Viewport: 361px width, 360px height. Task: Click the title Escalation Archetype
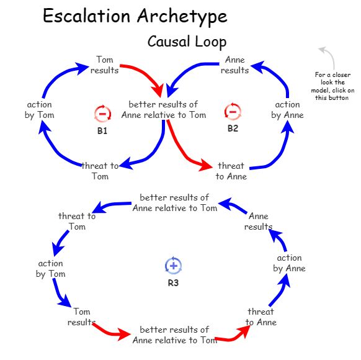coord(135,17)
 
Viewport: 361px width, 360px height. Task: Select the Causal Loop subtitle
coord(187,42)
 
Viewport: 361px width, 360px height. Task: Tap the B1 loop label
coord(102,131)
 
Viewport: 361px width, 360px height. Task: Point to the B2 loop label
coord(233,128)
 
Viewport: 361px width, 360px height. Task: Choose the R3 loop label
coord(174,283)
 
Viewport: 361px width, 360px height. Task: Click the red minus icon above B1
coord(102,114)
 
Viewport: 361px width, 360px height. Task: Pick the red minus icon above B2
coord(233,112)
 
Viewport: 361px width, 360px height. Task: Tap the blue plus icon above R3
coord(173,266)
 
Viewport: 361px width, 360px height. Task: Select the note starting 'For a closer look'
coord(334,86)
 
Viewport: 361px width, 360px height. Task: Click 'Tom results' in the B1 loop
coord(104,65)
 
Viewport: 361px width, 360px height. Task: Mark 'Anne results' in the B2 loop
coord(234,65)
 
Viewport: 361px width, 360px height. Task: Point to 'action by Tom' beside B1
coord(40,110)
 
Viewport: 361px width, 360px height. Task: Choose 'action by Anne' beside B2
coord(287,110)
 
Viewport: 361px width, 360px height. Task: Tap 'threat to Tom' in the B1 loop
coord(100,171)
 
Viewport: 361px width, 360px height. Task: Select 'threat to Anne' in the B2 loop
coord(231,171)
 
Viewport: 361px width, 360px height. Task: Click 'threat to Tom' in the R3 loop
coord(77,221)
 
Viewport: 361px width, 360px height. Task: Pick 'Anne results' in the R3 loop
coord(258,221)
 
